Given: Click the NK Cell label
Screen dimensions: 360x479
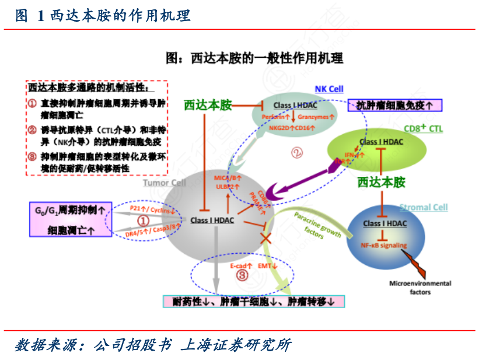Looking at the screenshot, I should [329, 89].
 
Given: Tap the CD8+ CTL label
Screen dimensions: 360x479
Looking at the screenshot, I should [423, 128].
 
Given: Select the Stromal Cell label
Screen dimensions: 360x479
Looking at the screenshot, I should [423, 207].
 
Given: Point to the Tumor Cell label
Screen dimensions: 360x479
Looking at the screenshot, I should [165, 183].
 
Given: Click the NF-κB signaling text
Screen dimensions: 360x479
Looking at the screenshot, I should [384, 246].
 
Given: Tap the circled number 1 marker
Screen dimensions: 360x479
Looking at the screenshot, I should [143, 221].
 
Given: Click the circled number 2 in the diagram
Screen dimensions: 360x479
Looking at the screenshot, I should [297, 153].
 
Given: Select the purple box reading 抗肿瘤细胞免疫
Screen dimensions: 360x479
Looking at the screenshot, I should [394, 105].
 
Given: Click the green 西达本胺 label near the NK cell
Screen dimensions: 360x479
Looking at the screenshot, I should [208, 105].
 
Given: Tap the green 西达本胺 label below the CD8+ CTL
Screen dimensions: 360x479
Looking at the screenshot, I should [380, 182].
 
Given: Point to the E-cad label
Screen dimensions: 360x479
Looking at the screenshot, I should [237, 265].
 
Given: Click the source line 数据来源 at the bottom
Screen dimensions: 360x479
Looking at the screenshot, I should [152, 345].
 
